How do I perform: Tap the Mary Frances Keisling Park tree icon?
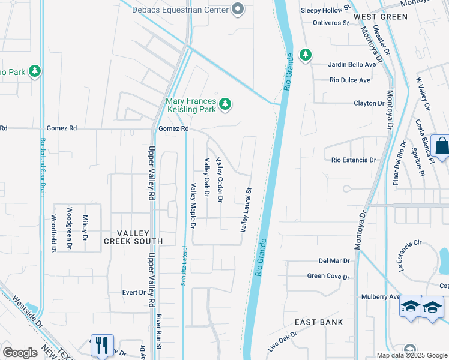point(225,104)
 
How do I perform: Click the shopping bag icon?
point(441,147)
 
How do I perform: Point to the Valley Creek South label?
point(133,237)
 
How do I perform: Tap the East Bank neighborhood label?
point(319,322)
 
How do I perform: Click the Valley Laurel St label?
point(246,209)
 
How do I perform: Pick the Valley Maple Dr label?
point(193,206)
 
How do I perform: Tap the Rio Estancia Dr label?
point(354,160)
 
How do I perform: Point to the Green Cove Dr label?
point(328,277)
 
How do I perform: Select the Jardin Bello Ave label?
point(352,64)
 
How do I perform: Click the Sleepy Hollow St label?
point(325,10)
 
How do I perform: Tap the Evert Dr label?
point(133,293)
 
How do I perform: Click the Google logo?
point(20,353)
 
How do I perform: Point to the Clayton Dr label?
point(369,103)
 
